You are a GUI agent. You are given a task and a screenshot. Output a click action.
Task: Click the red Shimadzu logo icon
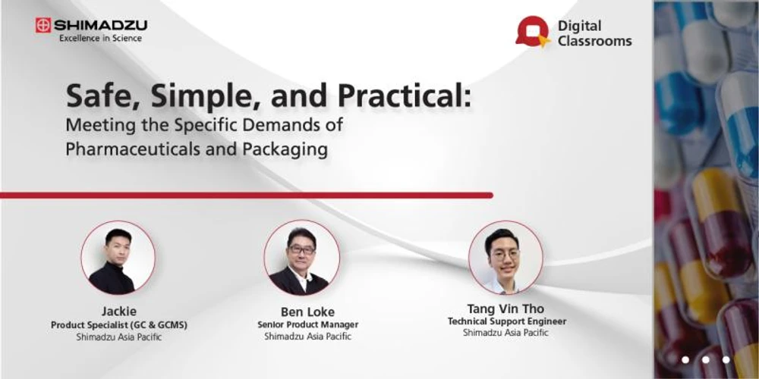(x=43, y=25)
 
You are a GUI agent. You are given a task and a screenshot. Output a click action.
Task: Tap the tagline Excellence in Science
(x=100, y=39)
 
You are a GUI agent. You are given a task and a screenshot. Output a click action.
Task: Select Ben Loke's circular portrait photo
(x=301, y=258)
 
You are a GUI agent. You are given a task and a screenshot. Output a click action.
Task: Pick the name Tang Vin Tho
(x=506, y=309)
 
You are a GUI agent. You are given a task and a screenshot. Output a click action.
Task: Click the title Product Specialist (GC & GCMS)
(x=118, y=325)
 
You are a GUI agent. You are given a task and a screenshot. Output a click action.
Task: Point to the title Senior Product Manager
(x=307, y=325)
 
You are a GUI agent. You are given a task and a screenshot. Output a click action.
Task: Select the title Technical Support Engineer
(x=506, y=321)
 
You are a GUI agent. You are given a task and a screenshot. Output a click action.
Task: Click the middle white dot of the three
(x=704, y=359)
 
